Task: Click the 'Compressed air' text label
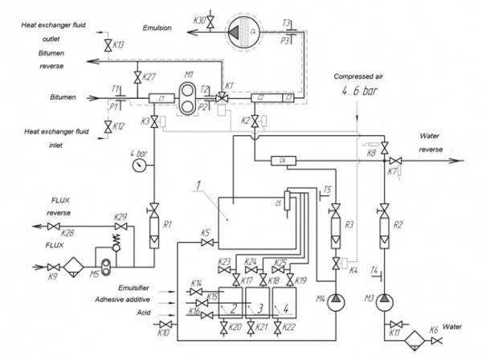click(360, 76)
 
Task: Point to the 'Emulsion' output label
click(157, 27)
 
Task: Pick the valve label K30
click(200, 18)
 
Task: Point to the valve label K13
click(117, 45)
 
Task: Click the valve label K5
click(205, 233)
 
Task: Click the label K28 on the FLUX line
click(70, 233)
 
